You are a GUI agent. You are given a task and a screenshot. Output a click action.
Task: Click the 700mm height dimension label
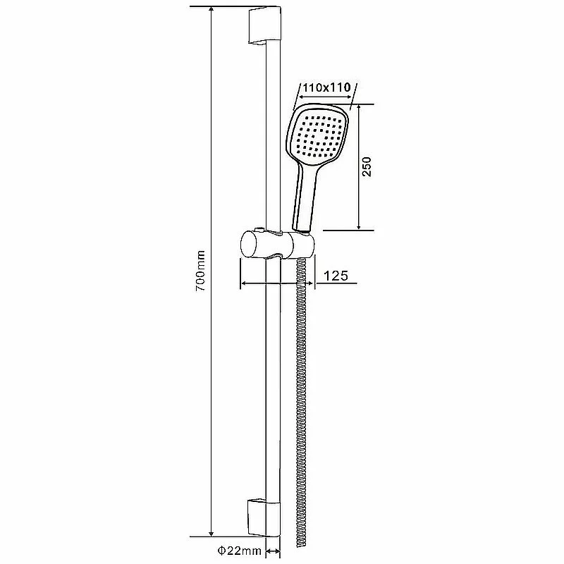[200, 271]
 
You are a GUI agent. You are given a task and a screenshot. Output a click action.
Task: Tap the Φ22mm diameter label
[239, 551]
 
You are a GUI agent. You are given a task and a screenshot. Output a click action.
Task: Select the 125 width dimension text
[336, 276]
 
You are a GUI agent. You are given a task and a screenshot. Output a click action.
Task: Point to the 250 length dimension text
[366, 166]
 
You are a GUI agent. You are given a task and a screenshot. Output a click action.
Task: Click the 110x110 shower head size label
[326, 87]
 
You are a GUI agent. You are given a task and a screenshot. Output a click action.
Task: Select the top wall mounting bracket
[264, 25]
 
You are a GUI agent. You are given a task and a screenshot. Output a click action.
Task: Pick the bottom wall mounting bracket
[264, 517]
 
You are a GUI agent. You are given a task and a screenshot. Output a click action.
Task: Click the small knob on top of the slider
[258, 229]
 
